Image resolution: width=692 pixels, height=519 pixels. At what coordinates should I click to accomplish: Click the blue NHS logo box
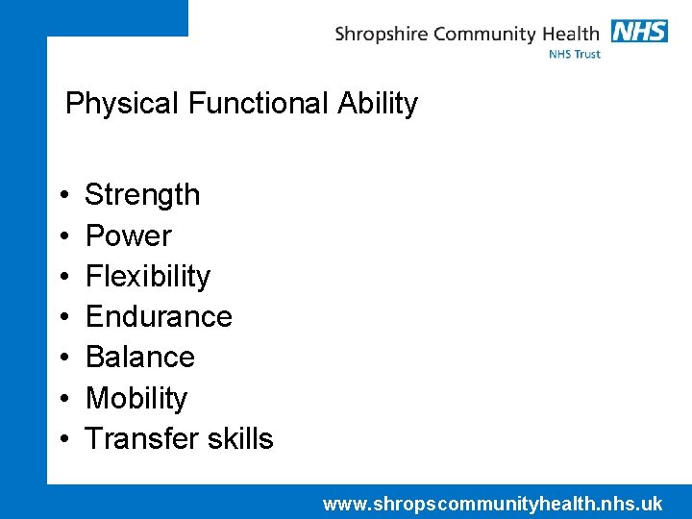pos(639,31)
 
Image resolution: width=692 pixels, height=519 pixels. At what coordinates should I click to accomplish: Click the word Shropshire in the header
pos(382,36)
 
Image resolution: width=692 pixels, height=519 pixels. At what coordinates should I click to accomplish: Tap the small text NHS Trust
pos(574,55)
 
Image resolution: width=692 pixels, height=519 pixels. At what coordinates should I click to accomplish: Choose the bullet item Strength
pos(142,195)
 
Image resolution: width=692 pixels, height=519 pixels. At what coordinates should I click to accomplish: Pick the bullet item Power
pos(128,235)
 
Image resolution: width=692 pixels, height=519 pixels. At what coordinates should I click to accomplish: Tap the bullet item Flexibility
pos(147,277)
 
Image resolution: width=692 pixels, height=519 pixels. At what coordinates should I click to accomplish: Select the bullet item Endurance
pos(159,317)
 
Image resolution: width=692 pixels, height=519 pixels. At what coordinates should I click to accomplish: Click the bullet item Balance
pos(139,358)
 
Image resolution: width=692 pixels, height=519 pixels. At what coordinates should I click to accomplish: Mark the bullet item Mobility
pos(136,398)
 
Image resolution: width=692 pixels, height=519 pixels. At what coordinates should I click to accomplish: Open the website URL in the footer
pos(492,504)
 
